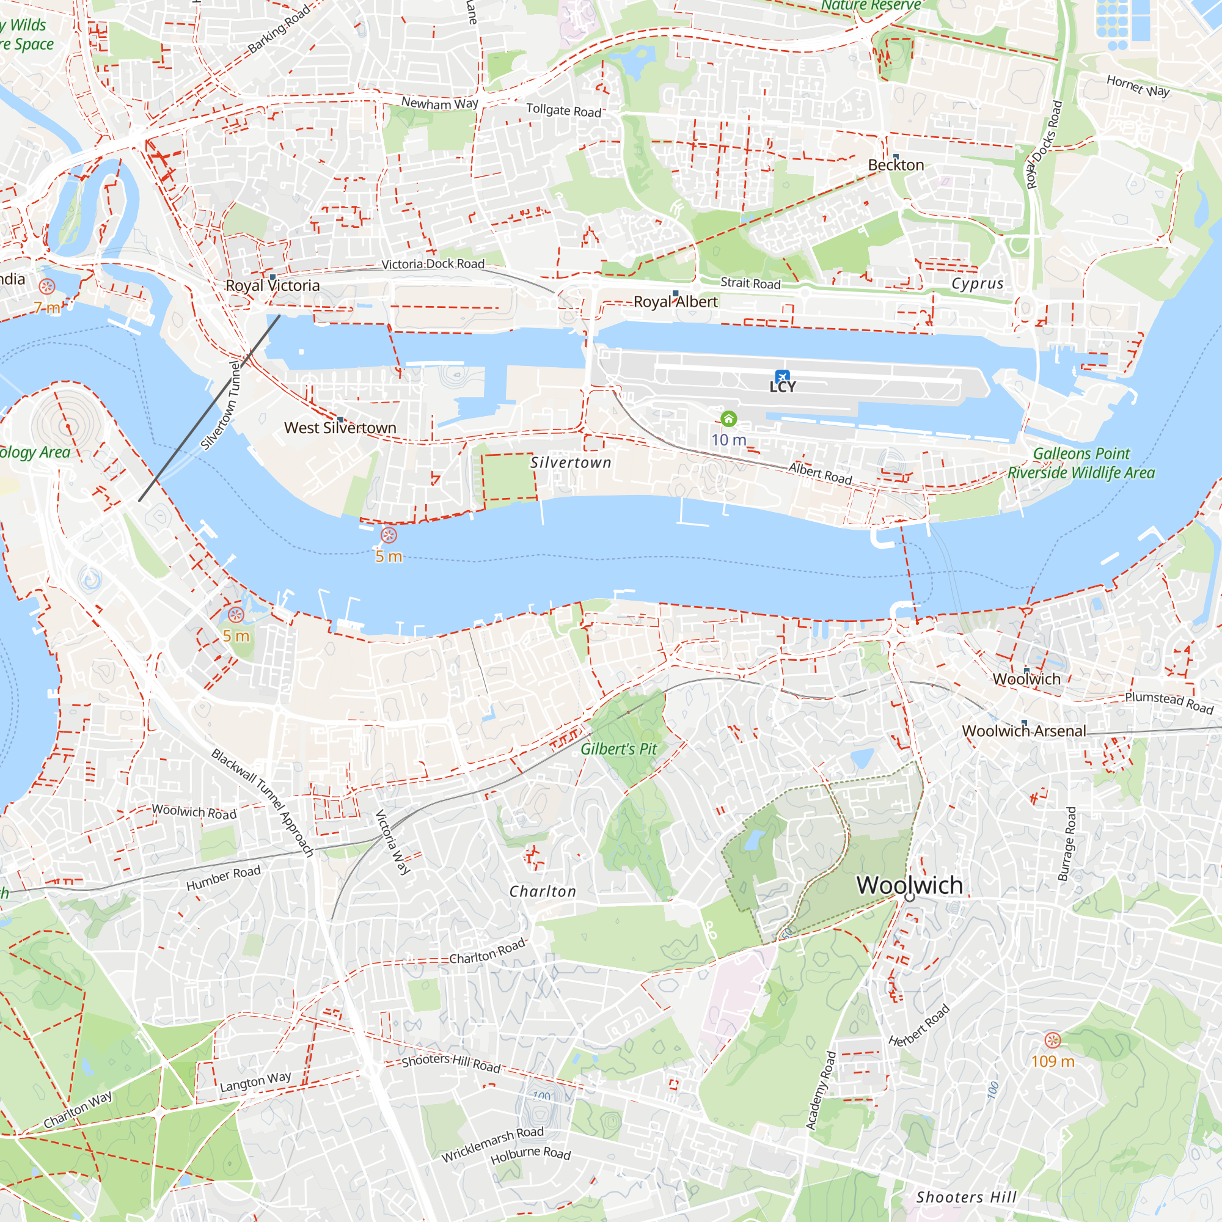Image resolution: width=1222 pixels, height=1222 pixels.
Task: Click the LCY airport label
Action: point(783,387)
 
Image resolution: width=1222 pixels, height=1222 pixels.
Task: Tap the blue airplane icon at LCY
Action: point(783,376)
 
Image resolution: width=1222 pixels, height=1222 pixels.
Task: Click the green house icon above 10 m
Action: point(729,419)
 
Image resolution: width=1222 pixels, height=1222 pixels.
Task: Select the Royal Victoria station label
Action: point(273,286)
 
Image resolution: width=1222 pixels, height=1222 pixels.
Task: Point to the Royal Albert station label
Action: point(676,302)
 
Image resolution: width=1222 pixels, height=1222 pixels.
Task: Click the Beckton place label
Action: point(896,165)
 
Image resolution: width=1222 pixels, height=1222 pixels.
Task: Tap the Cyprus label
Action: point(977,284)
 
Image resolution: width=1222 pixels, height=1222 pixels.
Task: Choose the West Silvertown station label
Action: point(340,428)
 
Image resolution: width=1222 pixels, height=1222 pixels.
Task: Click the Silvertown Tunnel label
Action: point(221,405)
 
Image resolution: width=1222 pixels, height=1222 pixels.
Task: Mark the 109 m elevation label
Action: point(1053,1061)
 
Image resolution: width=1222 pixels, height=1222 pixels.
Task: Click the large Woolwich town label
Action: point(910,885)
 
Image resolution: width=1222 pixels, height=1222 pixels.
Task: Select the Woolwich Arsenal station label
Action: point(1023,731)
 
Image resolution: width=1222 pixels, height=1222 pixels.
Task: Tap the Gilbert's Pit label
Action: point(618,749)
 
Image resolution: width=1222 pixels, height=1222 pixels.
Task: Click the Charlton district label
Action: point(543,892)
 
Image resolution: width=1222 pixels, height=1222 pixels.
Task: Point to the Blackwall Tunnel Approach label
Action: point(263,803)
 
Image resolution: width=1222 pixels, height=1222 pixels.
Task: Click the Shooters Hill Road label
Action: point(451,1063)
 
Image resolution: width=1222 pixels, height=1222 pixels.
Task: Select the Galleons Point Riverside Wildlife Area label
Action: point(1081,463)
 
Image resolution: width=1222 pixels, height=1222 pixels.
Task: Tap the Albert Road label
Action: point(821,473)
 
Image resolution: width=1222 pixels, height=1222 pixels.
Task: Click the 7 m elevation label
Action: point(47,308)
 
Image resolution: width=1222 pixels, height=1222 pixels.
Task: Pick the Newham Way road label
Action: point(439,103)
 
